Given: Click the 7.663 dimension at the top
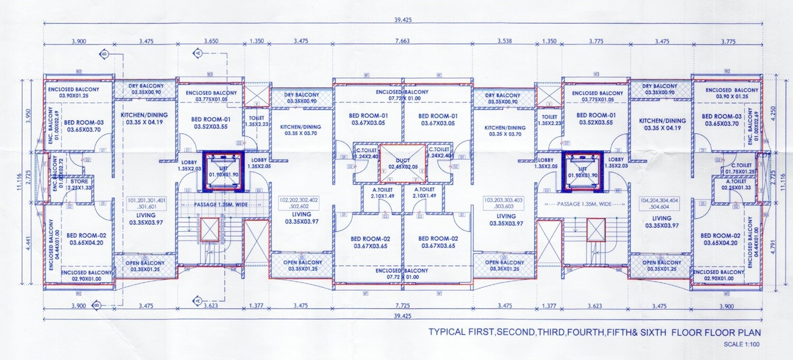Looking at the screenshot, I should click(402, 40).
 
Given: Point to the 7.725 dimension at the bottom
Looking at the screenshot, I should click(402, 306).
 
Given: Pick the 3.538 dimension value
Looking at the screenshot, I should click(505, 40).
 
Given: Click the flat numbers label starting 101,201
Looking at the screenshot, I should click(146, 204).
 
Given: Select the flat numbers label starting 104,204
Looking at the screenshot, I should click(661, 205).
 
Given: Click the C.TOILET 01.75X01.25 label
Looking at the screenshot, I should click(740, 168).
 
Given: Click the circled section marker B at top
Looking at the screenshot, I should click(104, 54).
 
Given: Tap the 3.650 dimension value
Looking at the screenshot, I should click(210, 40).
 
